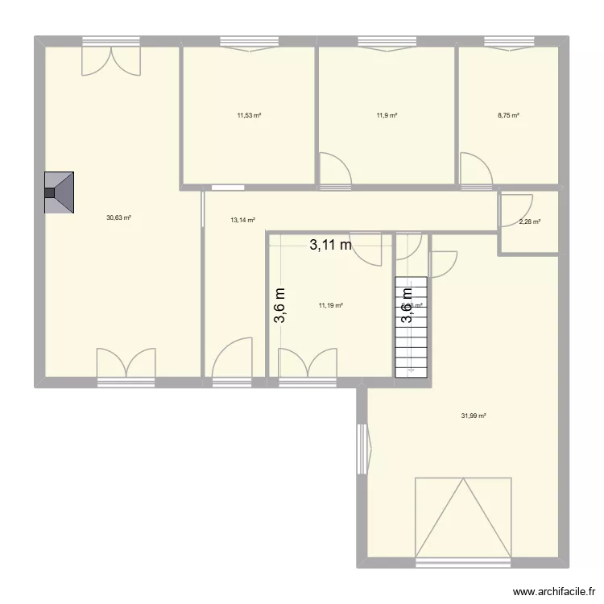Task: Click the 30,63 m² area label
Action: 118,217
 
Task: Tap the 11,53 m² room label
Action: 249,115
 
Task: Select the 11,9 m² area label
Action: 387,115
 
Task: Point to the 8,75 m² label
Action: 508,115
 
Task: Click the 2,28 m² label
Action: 529,222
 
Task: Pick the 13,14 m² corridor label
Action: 242,220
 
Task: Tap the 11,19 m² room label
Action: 331,305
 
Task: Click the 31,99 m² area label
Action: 474,416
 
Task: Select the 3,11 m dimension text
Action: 330,246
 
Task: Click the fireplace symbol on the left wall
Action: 60,193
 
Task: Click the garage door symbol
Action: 463,517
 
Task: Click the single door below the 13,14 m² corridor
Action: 232,360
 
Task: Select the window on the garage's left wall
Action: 362,449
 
